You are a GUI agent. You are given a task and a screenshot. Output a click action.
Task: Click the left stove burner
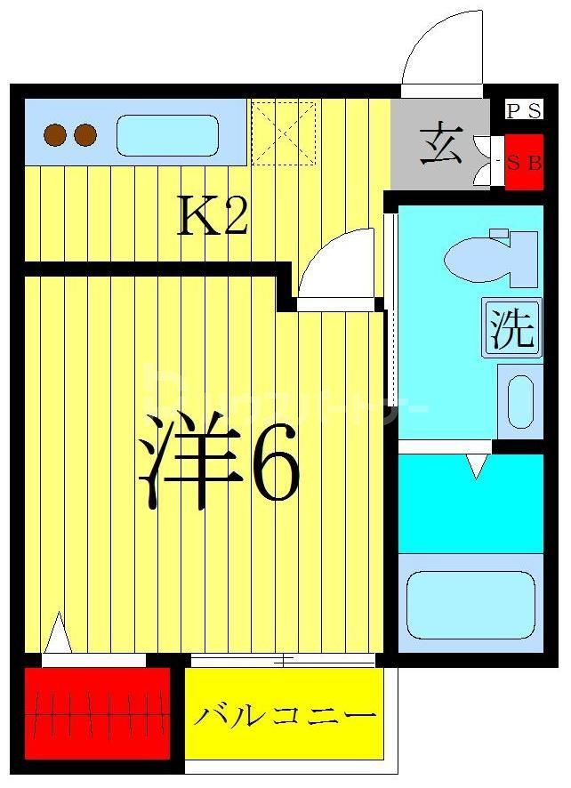click(56, 135)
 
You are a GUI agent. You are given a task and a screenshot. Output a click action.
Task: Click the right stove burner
click(85, 135)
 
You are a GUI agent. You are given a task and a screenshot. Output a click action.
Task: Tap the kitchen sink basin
click(167, 135)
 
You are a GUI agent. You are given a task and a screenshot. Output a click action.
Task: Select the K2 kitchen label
click(212, 216)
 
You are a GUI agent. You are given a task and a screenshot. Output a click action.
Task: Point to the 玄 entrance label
click(441, 145)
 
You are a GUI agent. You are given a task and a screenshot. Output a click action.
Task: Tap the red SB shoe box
click(524, 163)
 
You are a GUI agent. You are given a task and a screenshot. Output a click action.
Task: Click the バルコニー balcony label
click(284, 715)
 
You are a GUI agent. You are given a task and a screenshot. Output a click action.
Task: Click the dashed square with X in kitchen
click(283, 133)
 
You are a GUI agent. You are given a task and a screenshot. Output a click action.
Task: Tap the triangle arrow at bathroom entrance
click(479, 465)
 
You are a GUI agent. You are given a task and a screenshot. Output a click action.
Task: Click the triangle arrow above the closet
click(58, 632)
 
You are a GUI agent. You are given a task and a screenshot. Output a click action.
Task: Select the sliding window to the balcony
click(283, 660)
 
